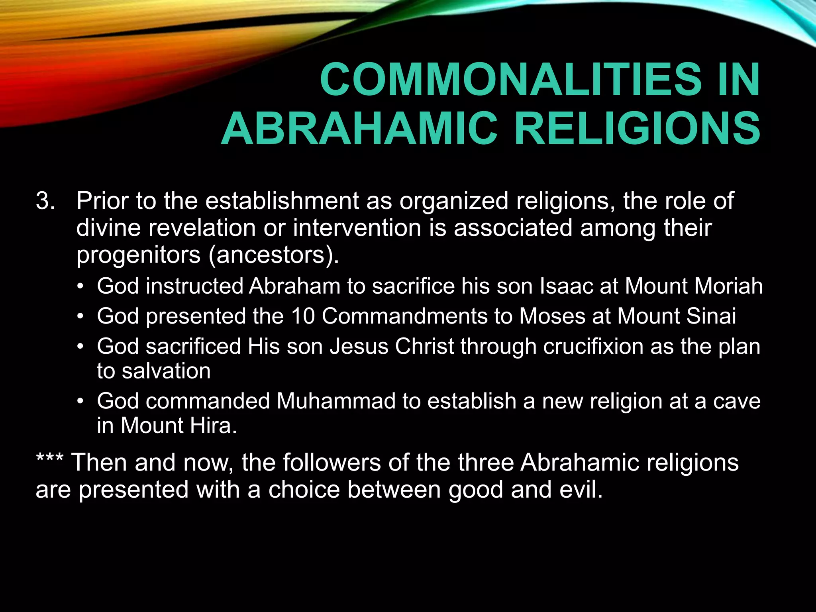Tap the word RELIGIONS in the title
point(637,129)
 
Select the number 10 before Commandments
point(303,316)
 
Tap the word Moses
point(552,316)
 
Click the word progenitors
point(138,255)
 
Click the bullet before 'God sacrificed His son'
point(81,347)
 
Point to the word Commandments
point(404,316)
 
